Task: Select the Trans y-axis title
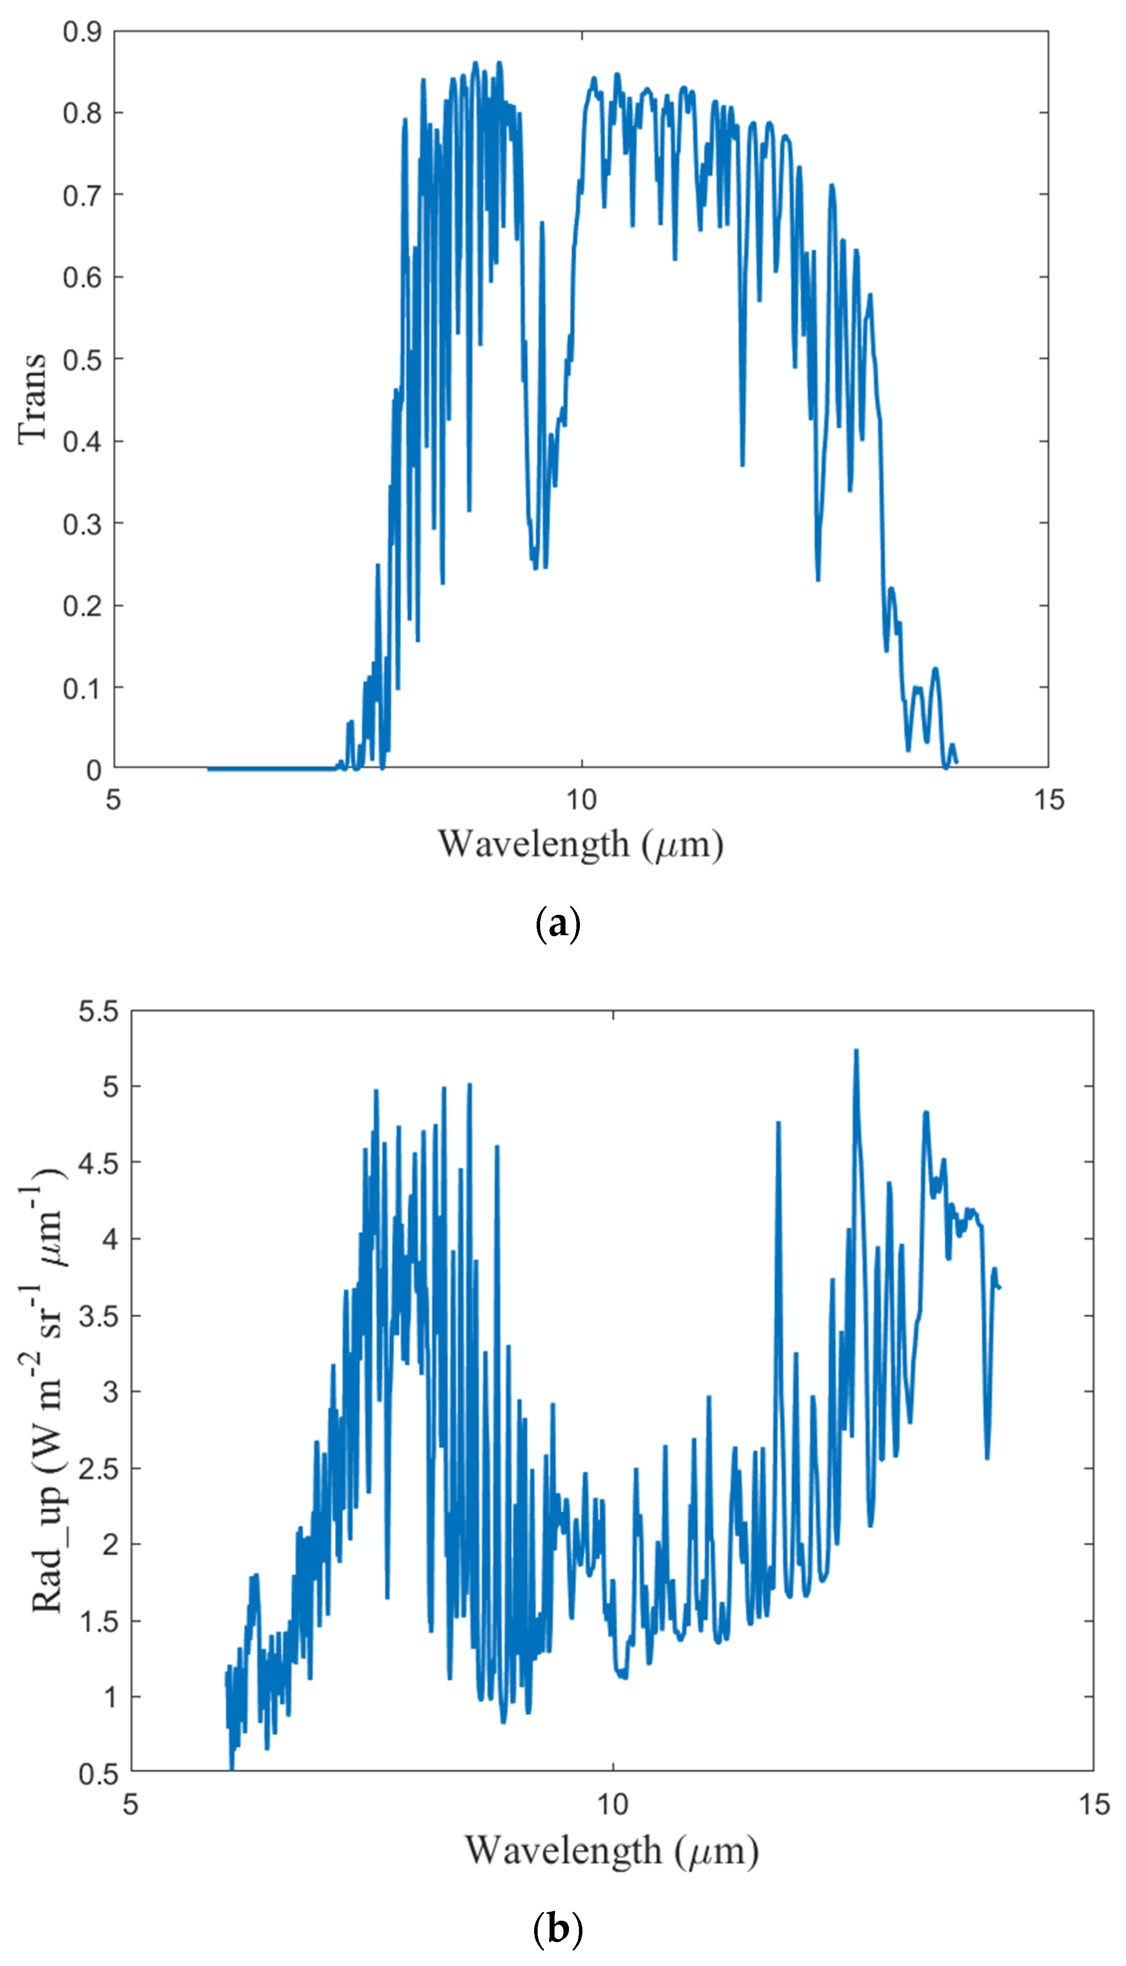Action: point(32,399)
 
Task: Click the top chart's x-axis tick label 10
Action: point(581,800)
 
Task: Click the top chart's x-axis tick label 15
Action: point(1049,800)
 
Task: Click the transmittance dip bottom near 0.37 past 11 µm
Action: point(743,464)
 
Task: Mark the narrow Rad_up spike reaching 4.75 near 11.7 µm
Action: point(778,1123)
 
